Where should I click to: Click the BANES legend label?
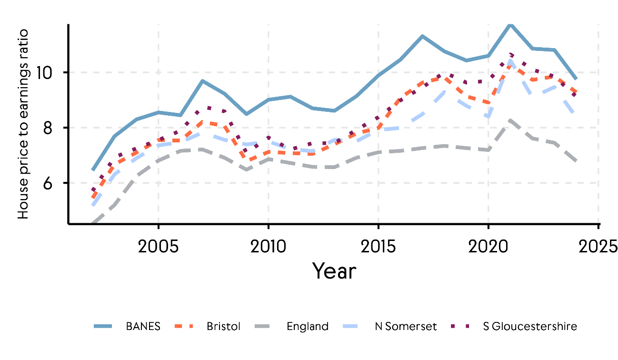pyautogui.click(x=143, y=327)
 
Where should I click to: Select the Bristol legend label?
pyautogui.click(x=224, y=327)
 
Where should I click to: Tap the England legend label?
pyautogui.click(x=308, y=327)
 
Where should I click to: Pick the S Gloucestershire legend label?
pyautogui.click(x=529, y=327)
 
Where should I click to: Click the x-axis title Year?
pyautogui.click(x=334, y=271)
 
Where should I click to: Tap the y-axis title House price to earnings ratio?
pyautogui.click(x=23, y=124)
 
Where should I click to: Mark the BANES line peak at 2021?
pyautogui.click(x=510, y=23)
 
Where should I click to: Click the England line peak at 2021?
pyautogui.click(x=510, y=120)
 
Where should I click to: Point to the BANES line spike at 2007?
pyautogui.click(x=202, y=81)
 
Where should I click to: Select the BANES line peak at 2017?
pyautogui.click(x=422, y=36)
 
